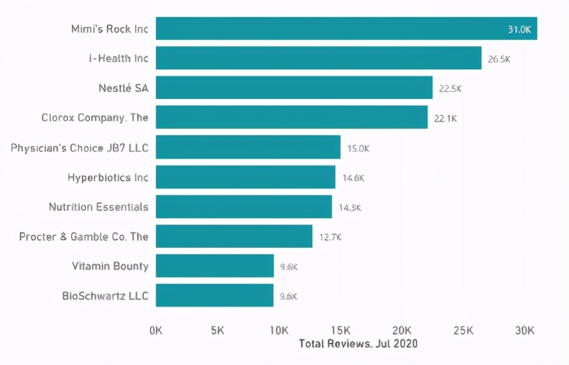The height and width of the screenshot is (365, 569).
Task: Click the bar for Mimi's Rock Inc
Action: pos(346,28)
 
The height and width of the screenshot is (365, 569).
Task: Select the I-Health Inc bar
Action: pos(318,58)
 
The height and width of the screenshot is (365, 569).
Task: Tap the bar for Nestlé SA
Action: pos(294,88)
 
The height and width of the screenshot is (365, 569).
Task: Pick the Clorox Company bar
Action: pos(291,118)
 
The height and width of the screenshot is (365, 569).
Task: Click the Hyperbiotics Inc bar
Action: pos(245,177)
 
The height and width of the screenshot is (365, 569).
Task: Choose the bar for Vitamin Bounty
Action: pos(215,266)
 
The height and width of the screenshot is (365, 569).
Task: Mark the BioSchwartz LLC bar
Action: pos(214,296)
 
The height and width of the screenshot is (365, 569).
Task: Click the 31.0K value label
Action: pos(520,29)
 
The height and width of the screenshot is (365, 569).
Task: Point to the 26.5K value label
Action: pos(499,59)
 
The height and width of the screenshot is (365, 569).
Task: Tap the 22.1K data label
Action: pos(446,118)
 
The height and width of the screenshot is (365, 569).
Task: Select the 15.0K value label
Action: pos(358,148)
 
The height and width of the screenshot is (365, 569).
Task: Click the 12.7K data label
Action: pos(330,237)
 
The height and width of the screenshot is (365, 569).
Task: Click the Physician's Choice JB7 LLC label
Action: pos(80,148)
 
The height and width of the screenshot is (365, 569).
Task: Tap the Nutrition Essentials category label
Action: pos(98,207)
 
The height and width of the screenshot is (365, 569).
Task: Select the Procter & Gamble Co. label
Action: pos(83,237)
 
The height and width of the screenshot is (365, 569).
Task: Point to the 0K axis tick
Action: pos(156,330)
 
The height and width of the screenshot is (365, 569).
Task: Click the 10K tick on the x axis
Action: pos(279,330)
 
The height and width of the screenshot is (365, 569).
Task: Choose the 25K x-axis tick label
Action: pos(463,330)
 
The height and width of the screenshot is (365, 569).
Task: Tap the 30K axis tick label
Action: pos(524,330)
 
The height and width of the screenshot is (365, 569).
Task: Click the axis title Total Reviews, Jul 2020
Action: pos(358,344)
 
